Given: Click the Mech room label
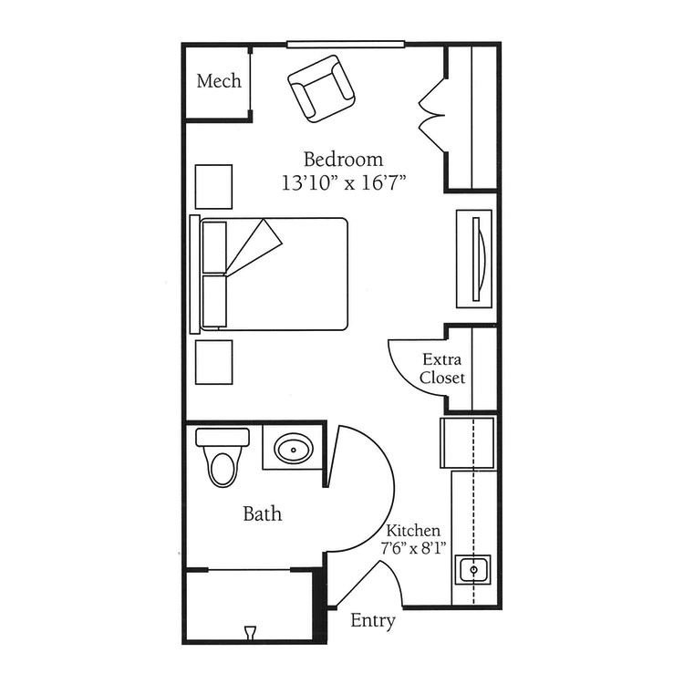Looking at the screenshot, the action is point(219,81).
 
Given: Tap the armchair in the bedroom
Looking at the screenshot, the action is point(322,88).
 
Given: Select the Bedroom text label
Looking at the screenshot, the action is point(343,160).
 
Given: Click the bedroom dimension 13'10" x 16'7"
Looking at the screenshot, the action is point(344,182).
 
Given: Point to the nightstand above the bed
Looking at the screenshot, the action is point(213,187).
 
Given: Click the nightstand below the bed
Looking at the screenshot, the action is point(213,362).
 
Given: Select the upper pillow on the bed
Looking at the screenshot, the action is point(214,248).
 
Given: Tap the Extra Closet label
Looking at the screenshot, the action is point(442,368).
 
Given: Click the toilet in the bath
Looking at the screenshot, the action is point(223,457).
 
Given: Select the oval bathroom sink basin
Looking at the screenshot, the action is point(294,449).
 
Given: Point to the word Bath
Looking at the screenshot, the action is point(262,513).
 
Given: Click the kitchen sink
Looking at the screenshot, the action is point(472,570).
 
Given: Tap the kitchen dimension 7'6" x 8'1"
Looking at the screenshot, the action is point(413,548).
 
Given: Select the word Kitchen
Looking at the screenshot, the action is point(413,531).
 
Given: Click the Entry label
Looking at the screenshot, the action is point(373,620).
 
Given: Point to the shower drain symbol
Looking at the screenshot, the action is point(250,633).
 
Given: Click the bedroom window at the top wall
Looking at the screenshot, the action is point(346,44).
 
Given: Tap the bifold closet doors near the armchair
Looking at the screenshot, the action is point(432,116).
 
